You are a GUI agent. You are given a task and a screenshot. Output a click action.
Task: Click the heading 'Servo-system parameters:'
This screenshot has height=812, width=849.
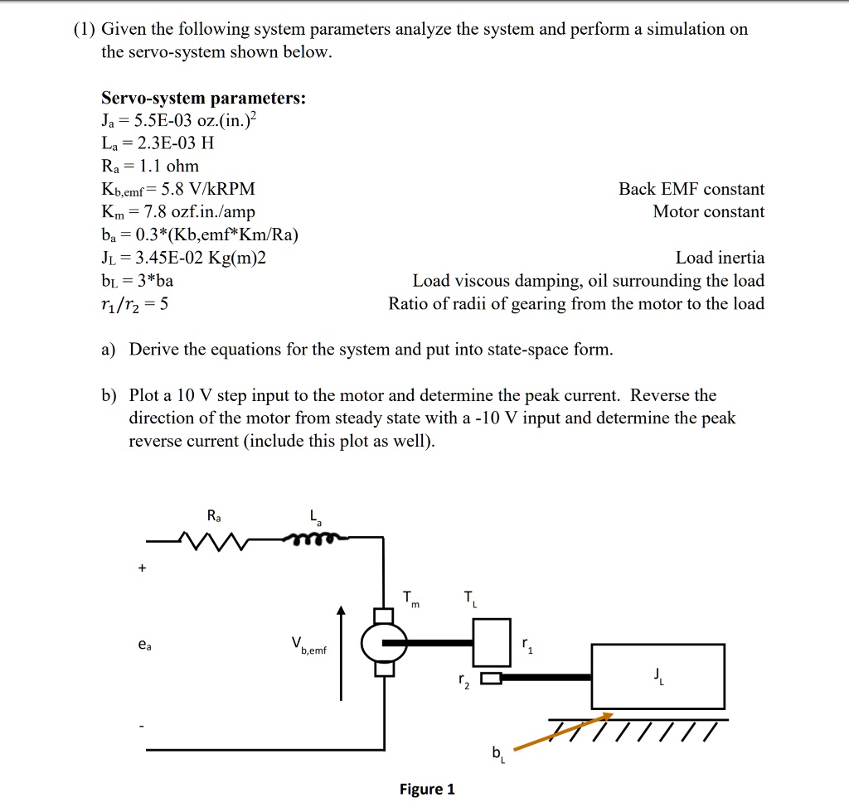pos(203,99)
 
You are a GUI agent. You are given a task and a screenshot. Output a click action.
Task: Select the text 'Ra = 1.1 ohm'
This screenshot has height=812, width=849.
pos(150,167)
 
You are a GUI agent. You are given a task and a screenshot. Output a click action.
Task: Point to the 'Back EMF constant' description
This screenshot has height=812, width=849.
pos(691,190)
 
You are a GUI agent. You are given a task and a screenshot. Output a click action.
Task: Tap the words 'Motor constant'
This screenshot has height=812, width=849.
pos(708,212)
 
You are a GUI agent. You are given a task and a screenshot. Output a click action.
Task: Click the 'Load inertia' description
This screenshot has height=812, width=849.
pos(720,259)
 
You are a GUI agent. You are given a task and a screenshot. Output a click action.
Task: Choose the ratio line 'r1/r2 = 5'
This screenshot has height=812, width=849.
pos(135,304)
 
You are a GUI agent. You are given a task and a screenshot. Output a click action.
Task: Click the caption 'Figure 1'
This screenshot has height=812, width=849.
pos(427,789)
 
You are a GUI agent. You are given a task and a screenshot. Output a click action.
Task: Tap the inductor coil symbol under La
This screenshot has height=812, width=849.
pos(315,540)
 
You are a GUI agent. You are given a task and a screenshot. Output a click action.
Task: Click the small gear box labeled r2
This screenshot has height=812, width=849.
pos(490,679)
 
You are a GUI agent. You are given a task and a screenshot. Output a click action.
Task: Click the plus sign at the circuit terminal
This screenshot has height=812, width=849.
pos(143,569)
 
